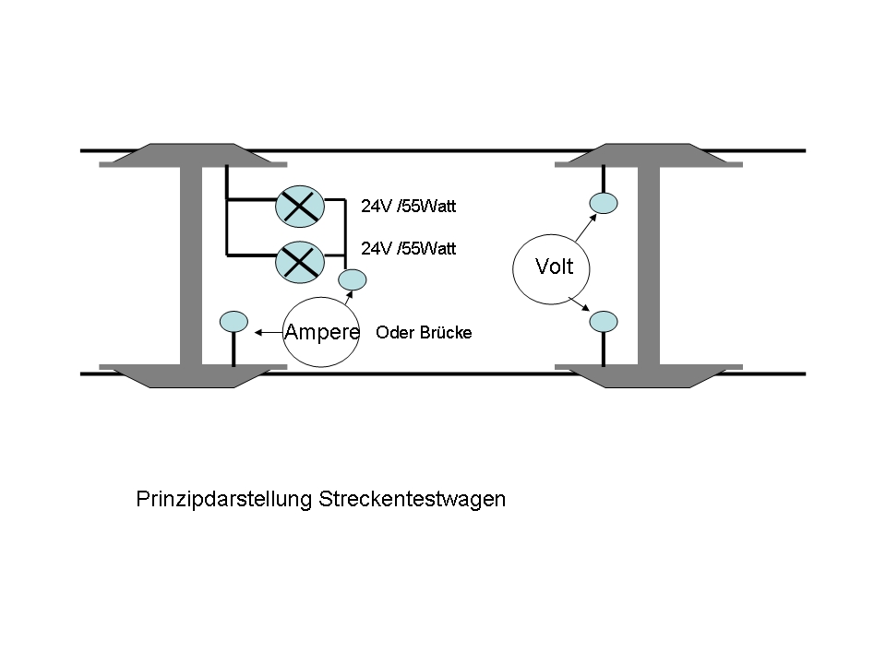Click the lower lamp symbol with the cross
(299, 263)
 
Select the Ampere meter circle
(320, 333)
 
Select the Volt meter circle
(553, 268)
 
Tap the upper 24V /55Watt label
(408, 207)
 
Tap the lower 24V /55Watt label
(408, 248)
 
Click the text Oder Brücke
(424, 333)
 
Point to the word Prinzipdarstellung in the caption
(224, 500)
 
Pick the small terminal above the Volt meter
(604, 203)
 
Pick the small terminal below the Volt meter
(604, 322)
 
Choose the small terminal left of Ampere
(233, 322)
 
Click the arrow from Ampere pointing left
(267, 332)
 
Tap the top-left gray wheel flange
(192, 154)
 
